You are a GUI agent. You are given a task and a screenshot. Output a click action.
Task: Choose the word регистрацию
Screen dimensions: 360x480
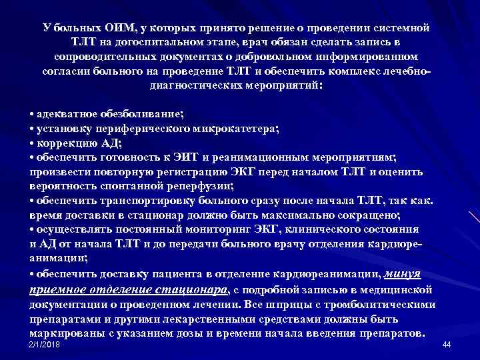[x=179, y=171]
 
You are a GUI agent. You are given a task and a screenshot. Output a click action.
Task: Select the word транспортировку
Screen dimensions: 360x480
[x=134, y=200]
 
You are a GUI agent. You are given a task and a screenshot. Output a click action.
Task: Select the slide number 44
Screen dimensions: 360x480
[x=447, y=344]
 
